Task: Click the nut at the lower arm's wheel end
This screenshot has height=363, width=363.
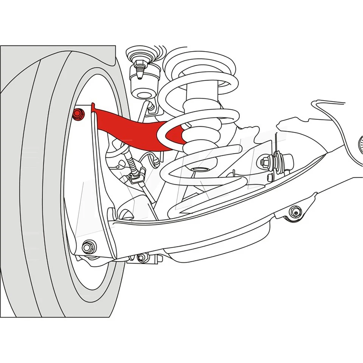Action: (x=89, y=247)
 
